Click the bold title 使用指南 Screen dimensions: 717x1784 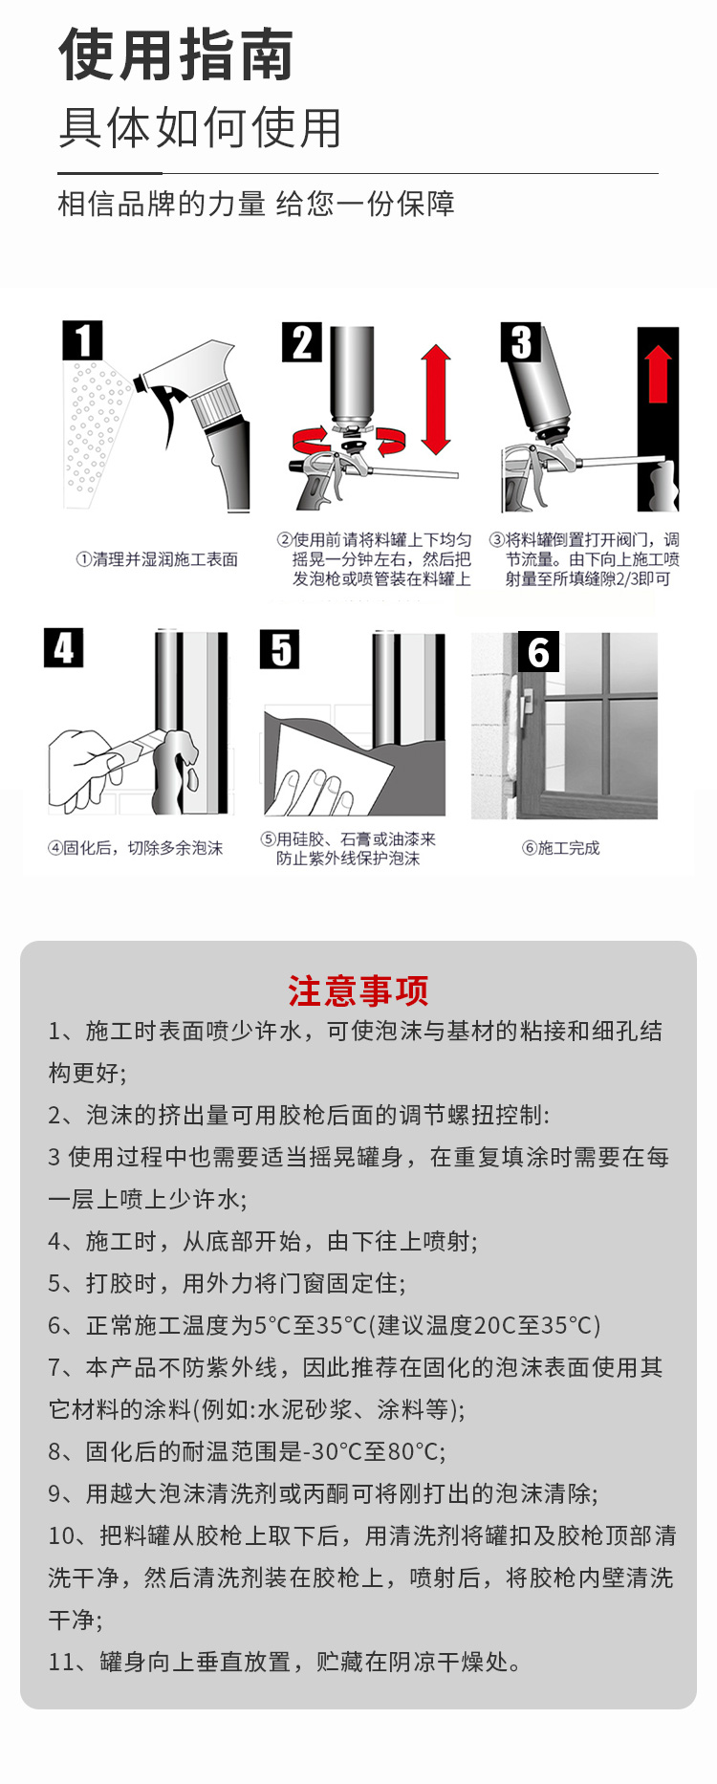coord(176,54)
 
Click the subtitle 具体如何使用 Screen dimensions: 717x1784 coord(200,128)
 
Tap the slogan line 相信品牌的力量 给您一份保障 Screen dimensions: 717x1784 coord(256,204)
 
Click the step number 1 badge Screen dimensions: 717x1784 coord(83,340)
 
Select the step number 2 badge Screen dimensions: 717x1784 coord(302,342)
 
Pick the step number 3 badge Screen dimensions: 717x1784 coord(521,342)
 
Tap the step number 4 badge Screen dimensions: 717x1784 coord(64,647)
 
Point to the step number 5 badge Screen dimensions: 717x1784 coord(280,649)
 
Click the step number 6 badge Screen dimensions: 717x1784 coord(538,652)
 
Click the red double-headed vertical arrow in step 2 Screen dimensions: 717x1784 coord(436,400)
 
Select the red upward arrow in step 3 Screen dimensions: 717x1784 coord(658,374)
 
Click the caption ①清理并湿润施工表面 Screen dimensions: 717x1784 coord(157,559)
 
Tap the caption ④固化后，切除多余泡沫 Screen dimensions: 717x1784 coord(136,848)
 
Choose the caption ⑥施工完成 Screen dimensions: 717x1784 coord(561,848)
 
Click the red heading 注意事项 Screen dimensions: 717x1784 coord(358,991)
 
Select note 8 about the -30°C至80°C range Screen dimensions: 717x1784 coord(247,1451)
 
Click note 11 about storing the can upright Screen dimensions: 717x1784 coord(286,1662)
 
